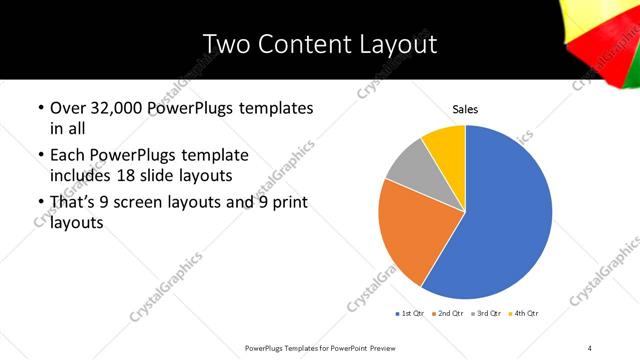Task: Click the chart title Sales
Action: pyautogui.click(x=466, y=108)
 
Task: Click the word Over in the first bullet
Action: pyautogui.click(x=70, y=107)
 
